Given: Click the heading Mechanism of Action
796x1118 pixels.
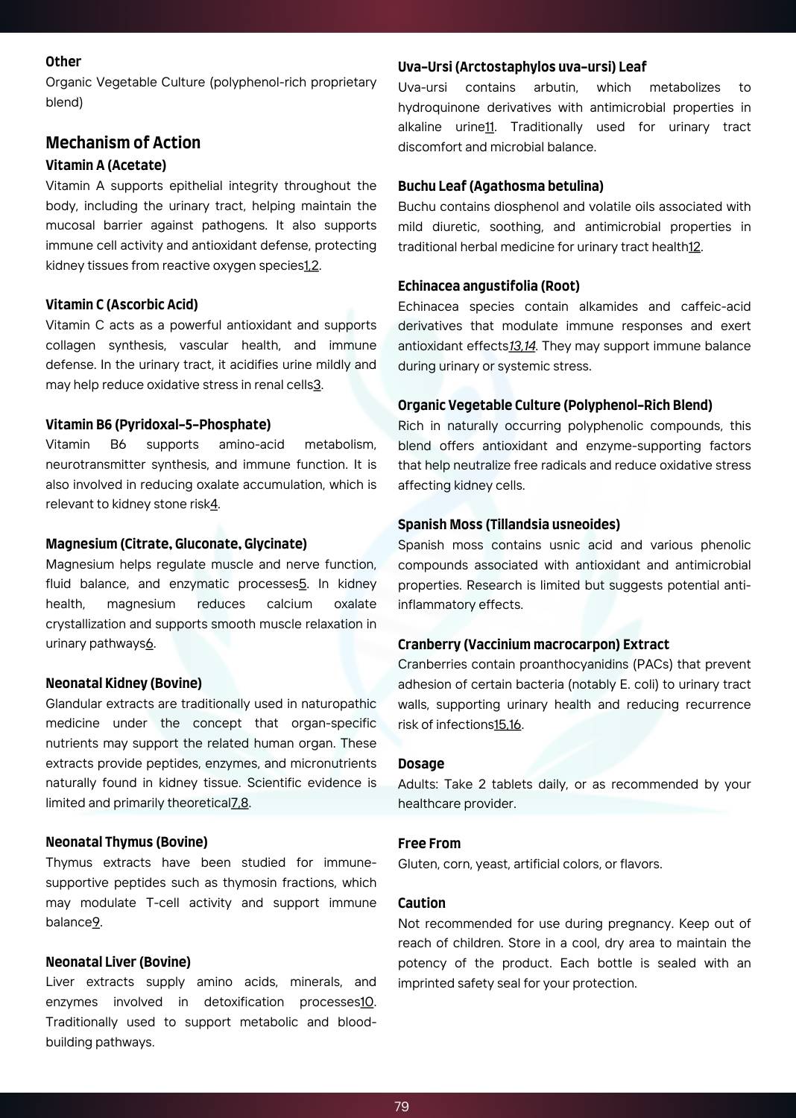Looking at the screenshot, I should click(123, 142).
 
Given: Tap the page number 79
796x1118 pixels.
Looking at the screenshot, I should click(402, 1106).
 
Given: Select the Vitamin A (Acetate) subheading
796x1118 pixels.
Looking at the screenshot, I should click(106, 165).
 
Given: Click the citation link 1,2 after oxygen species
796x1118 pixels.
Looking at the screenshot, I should click(312, 265).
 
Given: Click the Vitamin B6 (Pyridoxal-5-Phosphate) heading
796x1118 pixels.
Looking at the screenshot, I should click(158, 424).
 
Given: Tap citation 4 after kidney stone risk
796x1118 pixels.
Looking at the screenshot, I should click(214, 504).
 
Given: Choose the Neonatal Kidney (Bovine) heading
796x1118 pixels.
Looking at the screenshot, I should click(124, 683).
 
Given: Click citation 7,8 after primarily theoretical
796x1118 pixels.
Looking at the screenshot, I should click(240, 803).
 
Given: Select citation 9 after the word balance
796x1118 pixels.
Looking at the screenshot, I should click(96, 922).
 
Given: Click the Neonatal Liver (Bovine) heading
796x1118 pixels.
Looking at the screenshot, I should click(118, 961).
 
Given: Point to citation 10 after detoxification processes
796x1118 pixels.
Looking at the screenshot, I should click(367, 1002).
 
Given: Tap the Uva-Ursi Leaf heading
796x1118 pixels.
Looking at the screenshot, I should click(522, 66).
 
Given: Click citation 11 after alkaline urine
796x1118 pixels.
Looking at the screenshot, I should click(490, 127).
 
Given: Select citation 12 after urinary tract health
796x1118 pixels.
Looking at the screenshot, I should click(695, 247).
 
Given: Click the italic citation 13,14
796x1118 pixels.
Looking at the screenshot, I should click(522, 346).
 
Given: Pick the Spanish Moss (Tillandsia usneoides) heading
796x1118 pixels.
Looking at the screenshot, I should click(509, 524).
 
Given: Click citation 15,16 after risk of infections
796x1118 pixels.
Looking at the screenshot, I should click(508, 724).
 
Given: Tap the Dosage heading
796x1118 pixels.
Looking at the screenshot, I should click(421, 763).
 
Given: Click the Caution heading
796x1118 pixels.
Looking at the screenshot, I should click(422, 903).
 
